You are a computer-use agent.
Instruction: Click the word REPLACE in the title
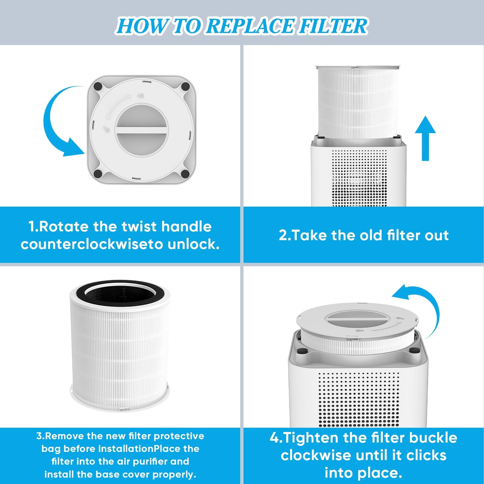click(x=250, y=26)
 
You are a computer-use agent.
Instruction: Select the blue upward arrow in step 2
click(x=425, y=138)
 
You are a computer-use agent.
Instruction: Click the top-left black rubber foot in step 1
click(x=98, y=86)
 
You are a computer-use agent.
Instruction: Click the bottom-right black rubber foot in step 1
click(x=185, y=174)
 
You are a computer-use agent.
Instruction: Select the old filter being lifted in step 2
click(x=357, y=100)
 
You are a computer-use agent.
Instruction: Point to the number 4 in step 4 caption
click(x=274, y=437)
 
